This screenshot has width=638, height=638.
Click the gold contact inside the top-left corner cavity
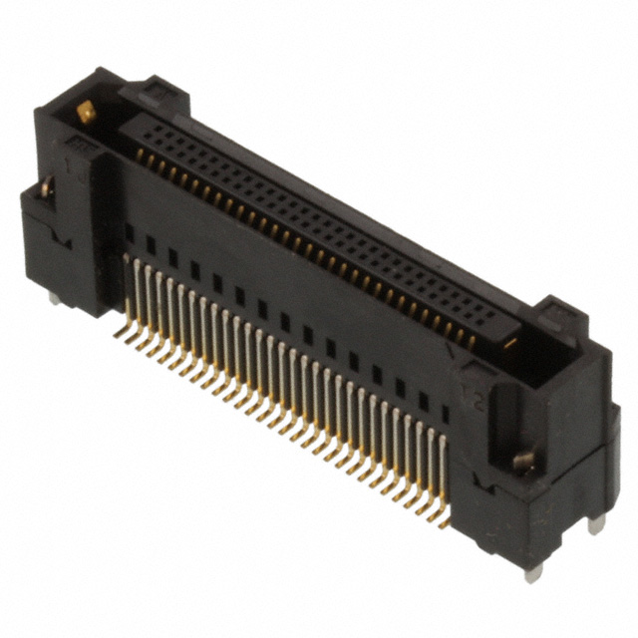[87, 113]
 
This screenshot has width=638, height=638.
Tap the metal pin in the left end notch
[46, 185]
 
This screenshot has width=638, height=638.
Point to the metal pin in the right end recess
[521, 461]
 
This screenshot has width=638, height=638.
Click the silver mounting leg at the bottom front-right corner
[533, 571]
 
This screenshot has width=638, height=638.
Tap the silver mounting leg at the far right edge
[596, 522]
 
